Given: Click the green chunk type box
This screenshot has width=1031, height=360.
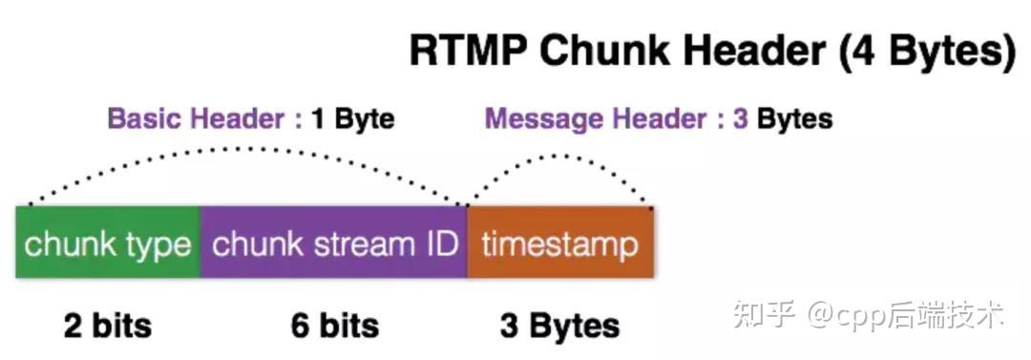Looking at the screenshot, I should pos(108,244).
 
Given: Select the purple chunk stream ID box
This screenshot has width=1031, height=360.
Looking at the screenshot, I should pos(333,244).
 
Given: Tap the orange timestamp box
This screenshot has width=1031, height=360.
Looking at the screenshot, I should pos(559,244).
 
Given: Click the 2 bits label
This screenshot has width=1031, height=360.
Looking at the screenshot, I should pos(107,326).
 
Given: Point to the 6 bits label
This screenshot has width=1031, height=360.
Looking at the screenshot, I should pos(334,326).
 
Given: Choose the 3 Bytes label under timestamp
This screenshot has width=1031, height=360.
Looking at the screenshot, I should pos(559,326).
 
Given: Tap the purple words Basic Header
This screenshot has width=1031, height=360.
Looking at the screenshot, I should pos(196,119).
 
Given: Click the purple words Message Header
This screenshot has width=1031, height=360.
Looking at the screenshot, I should pos(592,119).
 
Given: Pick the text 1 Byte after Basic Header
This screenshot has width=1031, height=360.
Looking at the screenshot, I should pos(352,119).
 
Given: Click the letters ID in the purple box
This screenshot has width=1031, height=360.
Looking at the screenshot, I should pos(437,244).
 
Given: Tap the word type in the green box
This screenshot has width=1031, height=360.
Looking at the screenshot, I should pos(158,245).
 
